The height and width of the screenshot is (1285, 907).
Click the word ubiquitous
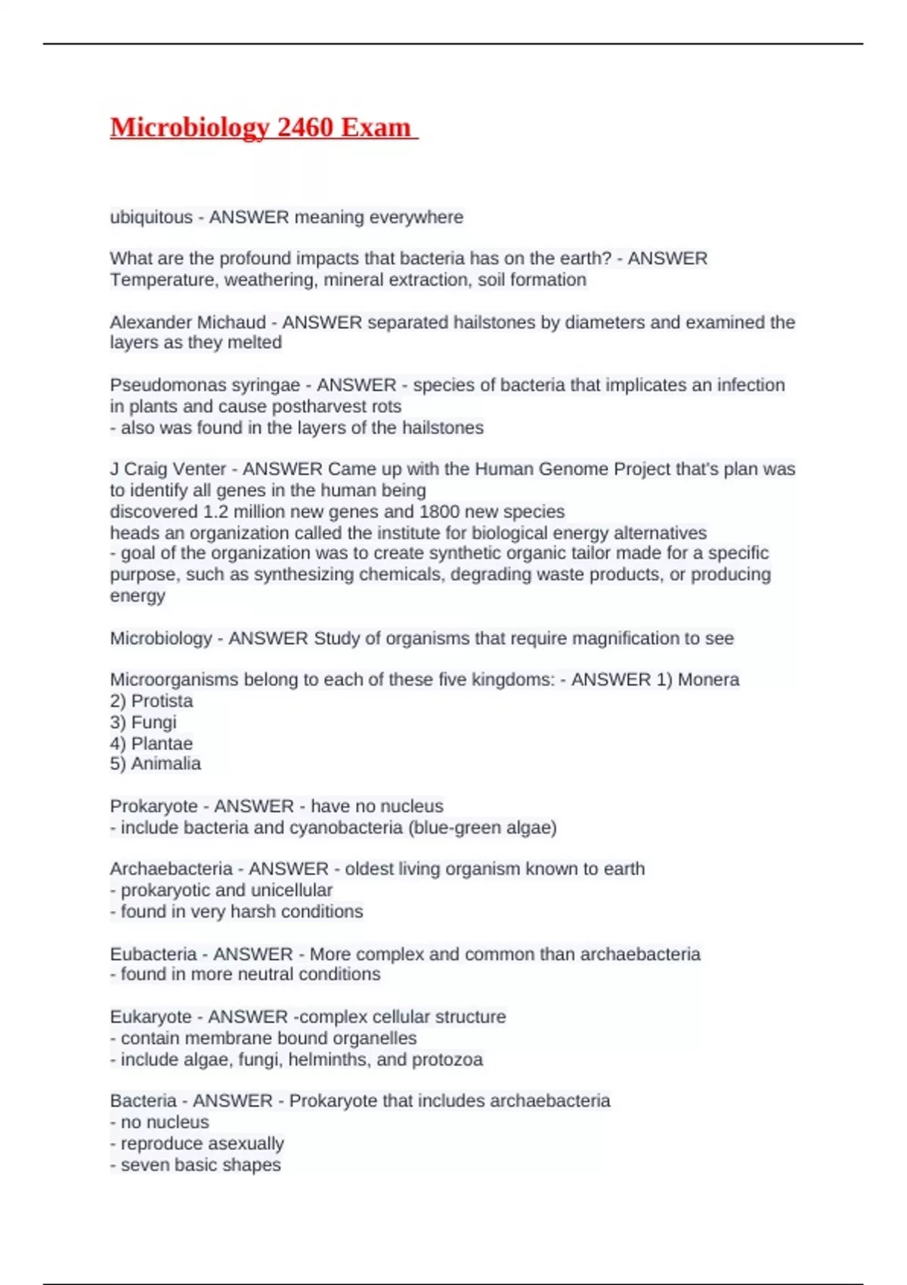151,218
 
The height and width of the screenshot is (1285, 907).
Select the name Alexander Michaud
187,323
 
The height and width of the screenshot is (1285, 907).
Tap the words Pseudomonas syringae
205,385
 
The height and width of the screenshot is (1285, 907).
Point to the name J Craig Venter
168,469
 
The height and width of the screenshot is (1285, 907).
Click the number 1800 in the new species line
438,512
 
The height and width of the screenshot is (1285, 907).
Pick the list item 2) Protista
151,701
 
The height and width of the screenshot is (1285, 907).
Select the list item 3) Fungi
143,723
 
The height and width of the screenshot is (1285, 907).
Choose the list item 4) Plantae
151,744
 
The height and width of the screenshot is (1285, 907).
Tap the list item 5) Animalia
155,764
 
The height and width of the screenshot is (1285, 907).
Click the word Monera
708,680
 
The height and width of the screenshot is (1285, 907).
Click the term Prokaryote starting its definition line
153,807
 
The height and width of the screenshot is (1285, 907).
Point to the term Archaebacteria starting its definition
171,869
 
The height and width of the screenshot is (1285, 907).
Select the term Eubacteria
153,955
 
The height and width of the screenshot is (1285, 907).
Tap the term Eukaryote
150,1017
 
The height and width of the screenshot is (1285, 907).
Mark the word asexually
237,1144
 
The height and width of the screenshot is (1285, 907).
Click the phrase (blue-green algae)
482,828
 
